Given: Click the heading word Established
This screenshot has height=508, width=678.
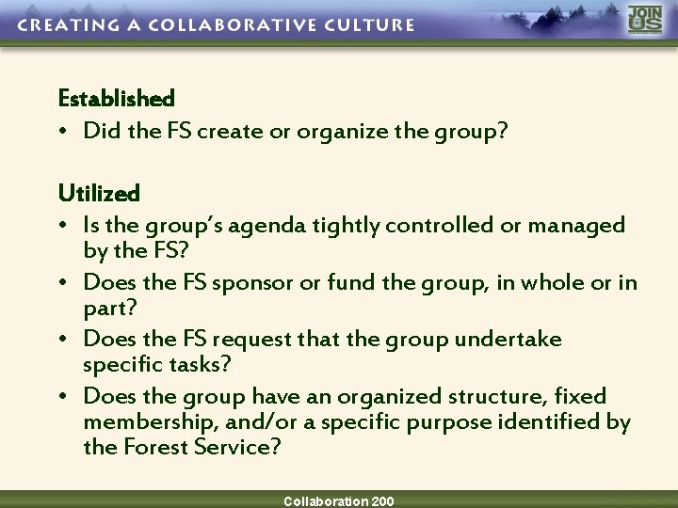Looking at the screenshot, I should [116, 98].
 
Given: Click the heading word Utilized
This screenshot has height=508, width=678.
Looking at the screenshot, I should [99, 194].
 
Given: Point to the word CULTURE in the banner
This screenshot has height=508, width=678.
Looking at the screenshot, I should [368, 24].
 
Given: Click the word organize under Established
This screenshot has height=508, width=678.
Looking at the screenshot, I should [333, 131].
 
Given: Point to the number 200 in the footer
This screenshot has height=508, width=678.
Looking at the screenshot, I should [381, 501].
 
